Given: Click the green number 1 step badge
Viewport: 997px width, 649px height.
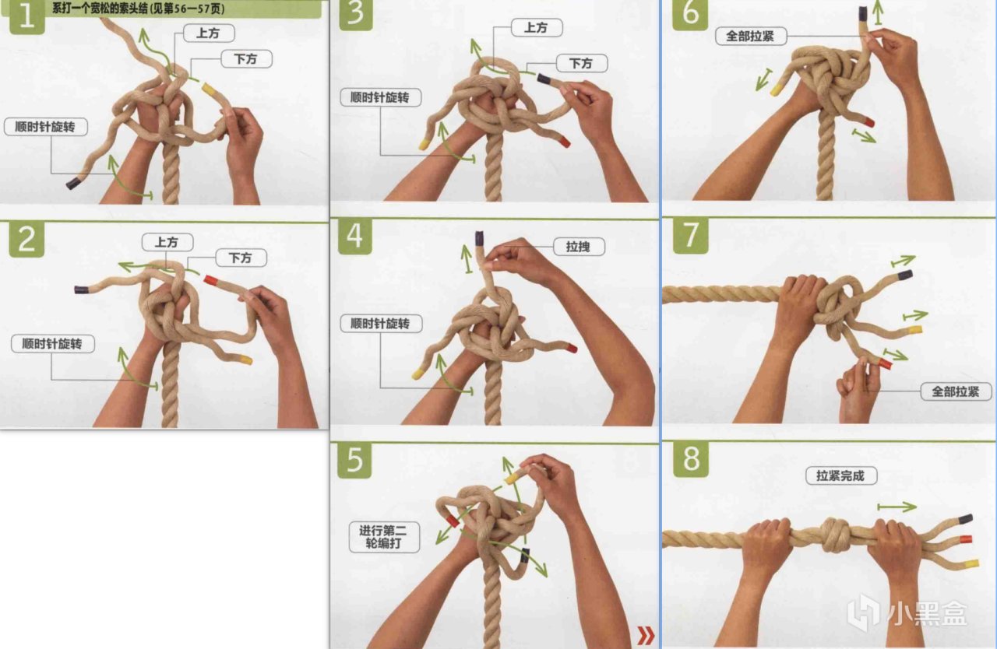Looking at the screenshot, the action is (x=26, y=17).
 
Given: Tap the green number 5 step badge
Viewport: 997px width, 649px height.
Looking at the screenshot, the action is (x=354, y=461).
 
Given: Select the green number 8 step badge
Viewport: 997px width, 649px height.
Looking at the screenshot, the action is (x=690, y=460).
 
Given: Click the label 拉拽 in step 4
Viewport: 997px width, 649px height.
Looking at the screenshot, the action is (x=579, y=247).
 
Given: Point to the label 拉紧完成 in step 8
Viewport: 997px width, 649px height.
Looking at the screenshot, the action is (x=841, y=475).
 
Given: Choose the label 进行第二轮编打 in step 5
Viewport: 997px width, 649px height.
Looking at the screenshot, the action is (x=384, y=537).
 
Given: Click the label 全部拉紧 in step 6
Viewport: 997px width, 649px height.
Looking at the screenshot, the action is (x=750, y=36).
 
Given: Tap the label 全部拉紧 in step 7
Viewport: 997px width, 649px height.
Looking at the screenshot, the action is (x=955, y=391).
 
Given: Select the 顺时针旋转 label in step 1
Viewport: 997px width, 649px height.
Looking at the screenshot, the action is (x=45, y=127).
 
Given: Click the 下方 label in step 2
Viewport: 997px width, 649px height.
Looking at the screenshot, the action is (x=241, y=258).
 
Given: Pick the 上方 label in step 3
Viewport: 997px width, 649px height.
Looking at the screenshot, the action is (x=537, y=27).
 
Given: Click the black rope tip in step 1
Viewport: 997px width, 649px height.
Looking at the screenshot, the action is (x=73, y=183).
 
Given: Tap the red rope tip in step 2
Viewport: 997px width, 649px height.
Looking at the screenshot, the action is (x=210, y=280).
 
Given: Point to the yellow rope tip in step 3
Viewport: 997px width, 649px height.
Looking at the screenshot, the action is (x=424, y=144).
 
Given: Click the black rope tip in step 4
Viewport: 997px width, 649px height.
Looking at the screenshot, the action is (x=479, y=238).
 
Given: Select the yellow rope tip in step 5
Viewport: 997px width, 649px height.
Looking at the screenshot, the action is (x=512, y=479).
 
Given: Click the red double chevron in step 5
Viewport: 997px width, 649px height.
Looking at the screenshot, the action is (x=646, y=635).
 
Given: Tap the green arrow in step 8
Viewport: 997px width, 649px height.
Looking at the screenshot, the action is (x=897, y=507).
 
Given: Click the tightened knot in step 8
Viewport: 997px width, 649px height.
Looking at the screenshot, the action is (x=835, y=535).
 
